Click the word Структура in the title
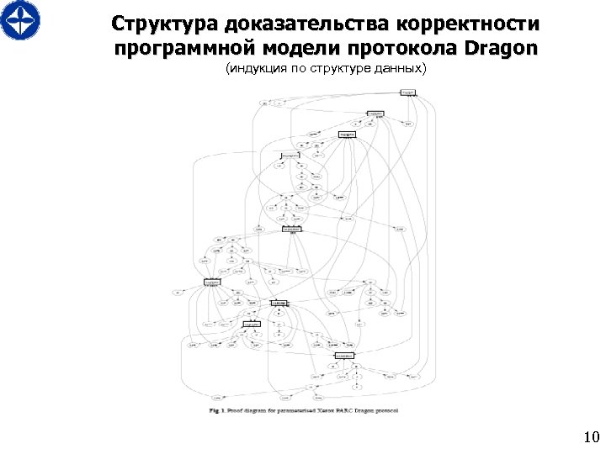(161, 22)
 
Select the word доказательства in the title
(294, 22)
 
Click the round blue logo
(20, 21)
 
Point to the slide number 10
(590, 436)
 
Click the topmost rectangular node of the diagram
(407, 92)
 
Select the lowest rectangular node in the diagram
(343, 356)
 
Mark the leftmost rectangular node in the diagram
(211, 282)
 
